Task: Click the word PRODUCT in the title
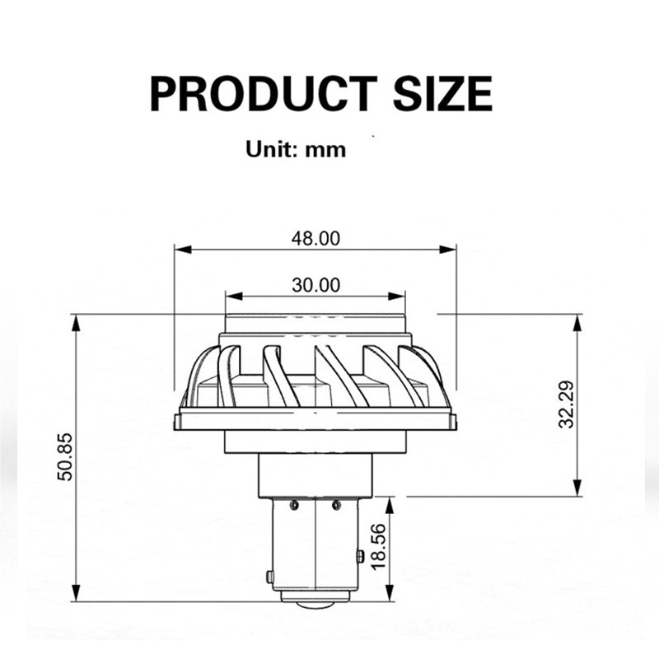[264, 93]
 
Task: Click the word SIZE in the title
[442, 93]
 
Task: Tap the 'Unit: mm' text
[296, 150]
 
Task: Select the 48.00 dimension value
[315, 239]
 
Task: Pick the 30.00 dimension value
[315, 285]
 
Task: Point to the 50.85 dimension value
[65, 457]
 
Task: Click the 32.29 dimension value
[566, 404]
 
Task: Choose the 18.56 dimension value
[378, 547]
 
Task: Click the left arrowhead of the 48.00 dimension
[183, 250]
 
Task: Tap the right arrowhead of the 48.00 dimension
[447, 250]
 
